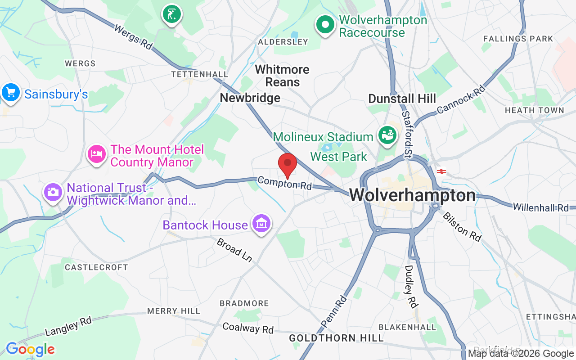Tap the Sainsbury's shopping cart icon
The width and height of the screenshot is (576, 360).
(x=10, y=93)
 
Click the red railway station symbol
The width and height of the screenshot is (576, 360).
(x=441, y=171)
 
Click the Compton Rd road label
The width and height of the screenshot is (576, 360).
(x=285, y=183)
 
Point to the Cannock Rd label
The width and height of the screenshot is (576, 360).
(x=461, y=99)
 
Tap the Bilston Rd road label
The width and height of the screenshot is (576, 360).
(x=462, y=226)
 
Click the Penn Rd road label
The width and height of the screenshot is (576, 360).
(x=334, y=311)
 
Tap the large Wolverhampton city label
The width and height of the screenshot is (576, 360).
(x=412, y=195)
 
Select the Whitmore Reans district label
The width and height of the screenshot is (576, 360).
(x=282, y=76)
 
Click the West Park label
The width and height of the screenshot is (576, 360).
(x=339, y=157)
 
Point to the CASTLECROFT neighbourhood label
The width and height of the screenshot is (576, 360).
(x=96, y=267)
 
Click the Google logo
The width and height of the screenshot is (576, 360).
(x=30, y=349)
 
